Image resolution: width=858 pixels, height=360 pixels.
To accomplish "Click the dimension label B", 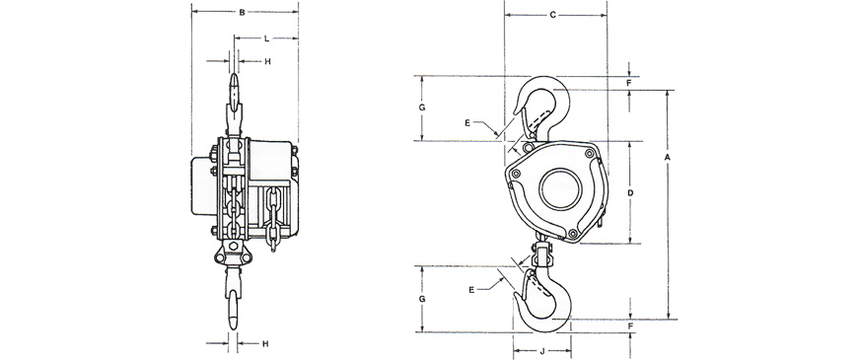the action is [x=242, y=12].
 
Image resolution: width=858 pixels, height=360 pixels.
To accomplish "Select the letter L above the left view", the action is [x=266, y=38].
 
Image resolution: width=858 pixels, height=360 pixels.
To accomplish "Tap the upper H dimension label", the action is [x=267, y=62].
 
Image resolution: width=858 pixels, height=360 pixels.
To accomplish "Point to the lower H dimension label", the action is [x=265, y=344].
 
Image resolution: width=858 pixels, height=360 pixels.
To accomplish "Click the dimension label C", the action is [x=552, y=16].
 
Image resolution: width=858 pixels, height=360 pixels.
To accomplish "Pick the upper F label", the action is [x=629, y=83].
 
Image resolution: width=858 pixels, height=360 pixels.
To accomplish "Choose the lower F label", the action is [x=631, y=326].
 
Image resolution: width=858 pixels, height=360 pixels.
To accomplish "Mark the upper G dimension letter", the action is [x=422, y=108].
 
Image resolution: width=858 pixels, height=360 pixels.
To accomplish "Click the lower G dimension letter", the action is [x=422, y=299].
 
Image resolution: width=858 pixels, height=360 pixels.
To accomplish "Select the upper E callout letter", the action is [x=467, y=123].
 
